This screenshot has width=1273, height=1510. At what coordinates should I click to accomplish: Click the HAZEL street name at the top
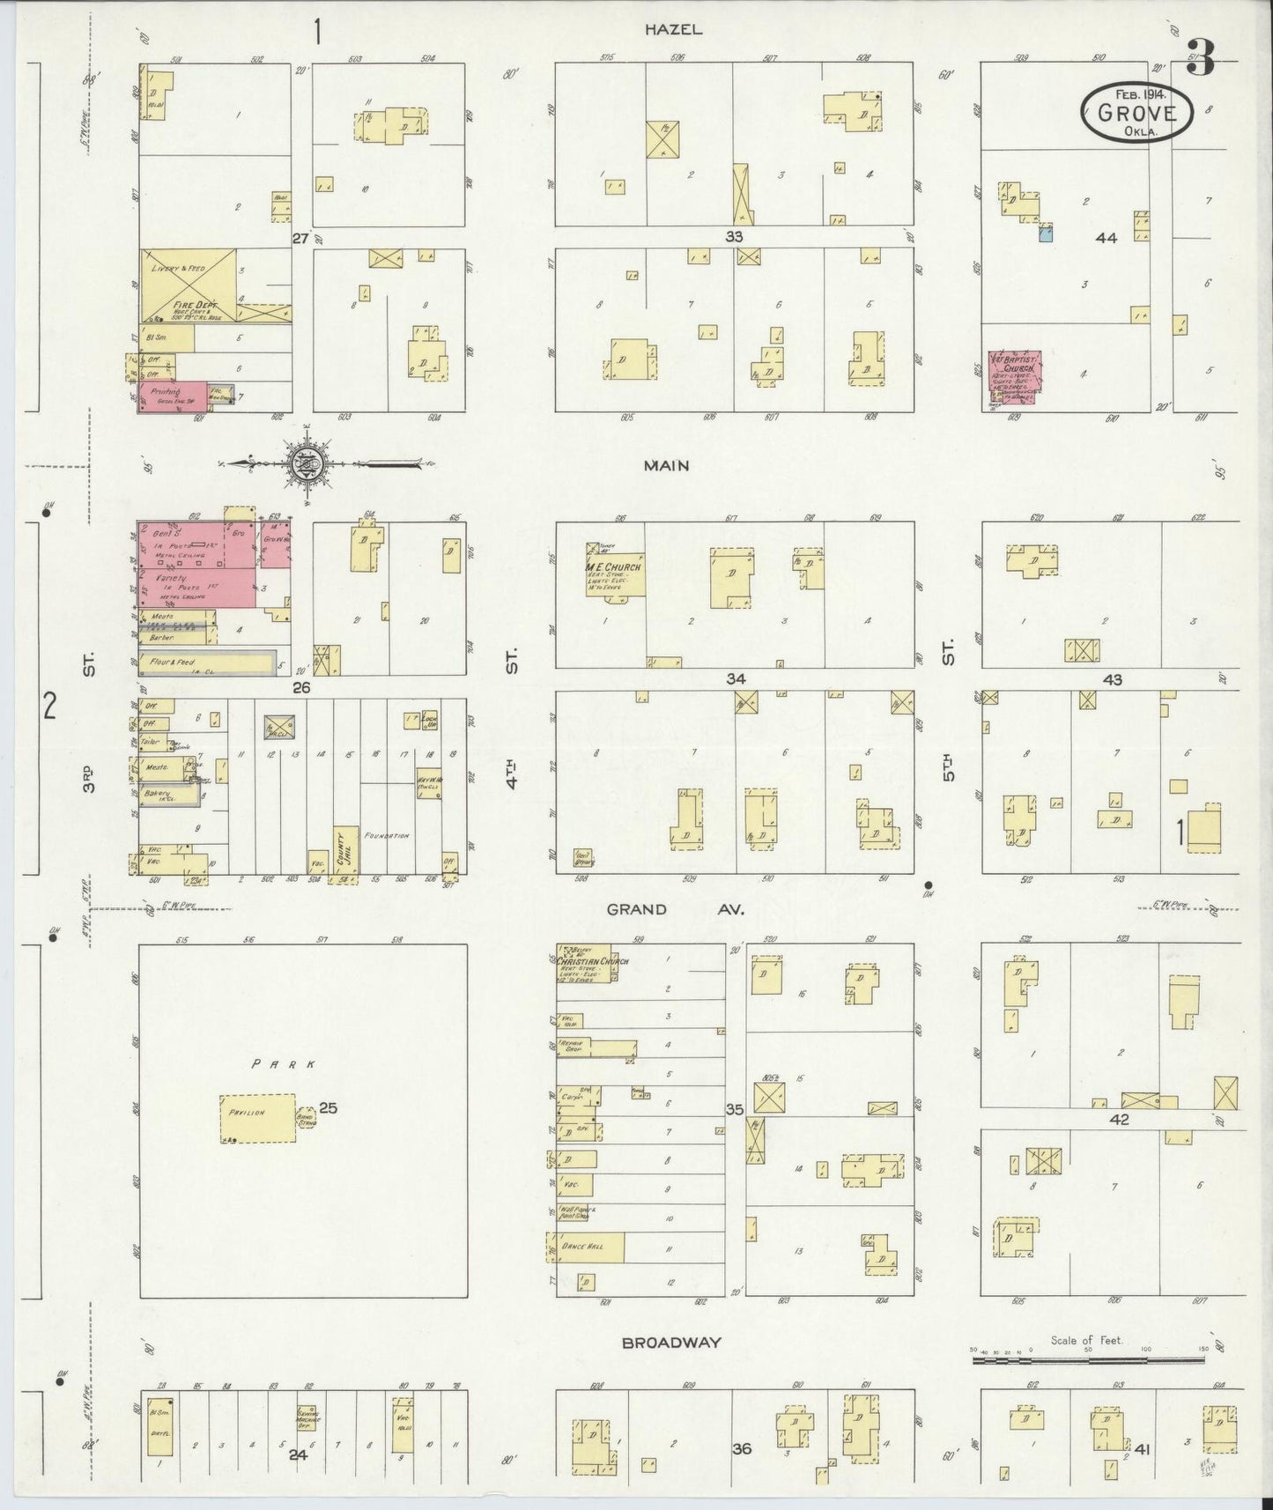tap(673, 29)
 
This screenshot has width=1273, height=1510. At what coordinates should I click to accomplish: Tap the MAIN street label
tap(666, 465)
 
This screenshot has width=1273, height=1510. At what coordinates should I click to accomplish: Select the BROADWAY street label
tap(671, 1343)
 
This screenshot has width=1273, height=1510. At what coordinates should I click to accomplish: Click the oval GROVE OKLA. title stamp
tap(1136, 112)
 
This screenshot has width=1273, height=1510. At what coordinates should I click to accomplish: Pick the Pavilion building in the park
tap(257, 1118)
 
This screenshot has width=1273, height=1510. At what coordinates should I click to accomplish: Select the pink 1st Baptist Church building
tap(1014, 378)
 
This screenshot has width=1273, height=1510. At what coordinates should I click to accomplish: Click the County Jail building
tap(345, 852)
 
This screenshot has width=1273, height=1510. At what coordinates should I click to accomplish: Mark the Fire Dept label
tap(189, 304)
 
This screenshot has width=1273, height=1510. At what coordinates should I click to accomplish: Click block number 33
tap(734, 237)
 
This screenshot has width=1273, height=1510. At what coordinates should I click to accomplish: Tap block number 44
tap(1106, 238)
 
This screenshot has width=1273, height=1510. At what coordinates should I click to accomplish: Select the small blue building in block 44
tap(1046, 233)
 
